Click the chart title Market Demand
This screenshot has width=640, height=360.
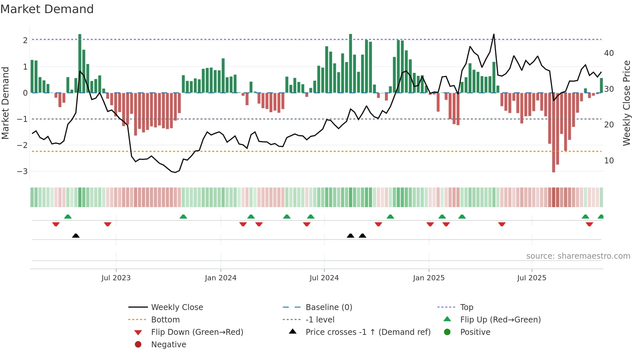pos(47,9)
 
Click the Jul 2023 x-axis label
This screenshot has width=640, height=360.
pos(116,278)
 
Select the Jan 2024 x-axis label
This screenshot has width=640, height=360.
pos(220,278)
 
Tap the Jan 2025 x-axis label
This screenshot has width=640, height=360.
pos(428,278)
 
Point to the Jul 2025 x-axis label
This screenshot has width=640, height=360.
pos(532,278)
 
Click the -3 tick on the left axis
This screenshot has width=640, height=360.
pos(22,171)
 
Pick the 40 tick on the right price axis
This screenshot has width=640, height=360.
pos(609,53)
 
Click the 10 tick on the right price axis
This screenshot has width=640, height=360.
pos(609,161)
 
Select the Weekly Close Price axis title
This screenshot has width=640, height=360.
pos(626,103)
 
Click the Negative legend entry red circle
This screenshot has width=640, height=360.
pos(138,345)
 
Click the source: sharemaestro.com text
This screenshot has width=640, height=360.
pos(578,256)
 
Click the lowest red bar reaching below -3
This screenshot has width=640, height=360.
pos(553,163)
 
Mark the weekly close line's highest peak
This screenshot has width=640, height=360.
pos(494,34)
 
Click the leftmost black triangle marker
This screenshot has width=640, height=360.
pos(76,236)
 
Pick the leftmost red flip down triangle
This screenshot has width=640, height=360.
pos(56,224)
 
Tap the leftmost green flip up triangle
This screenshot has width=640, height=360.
pos(68,217)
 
